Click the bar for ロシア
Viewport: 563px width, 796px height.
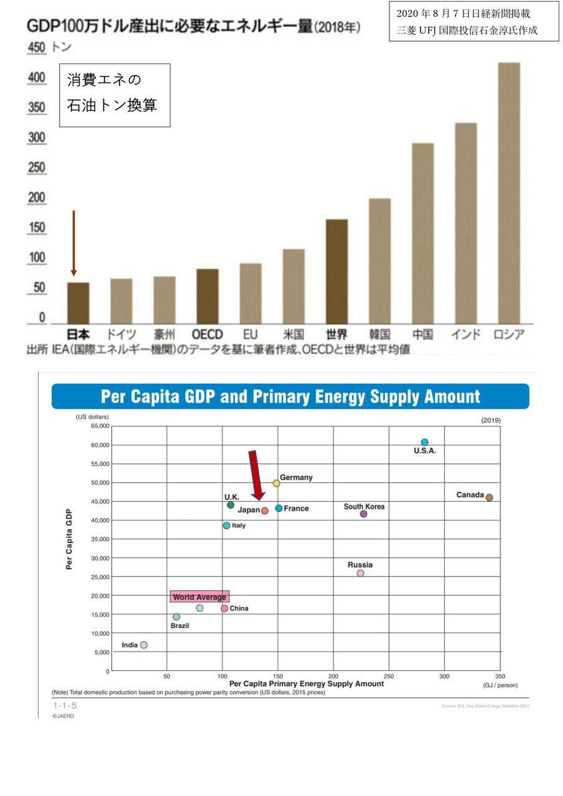point(509,193)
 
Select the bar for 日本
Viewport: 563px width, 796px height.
point(78,303)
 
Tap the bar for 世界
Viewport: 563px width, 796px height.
point(337,271)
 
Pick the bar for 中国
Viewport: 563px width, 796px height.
point(422,233)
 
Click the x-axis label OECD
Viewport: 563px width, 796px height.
point(207,335)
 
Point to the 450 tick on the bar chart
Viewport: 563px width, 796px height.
point(37,48)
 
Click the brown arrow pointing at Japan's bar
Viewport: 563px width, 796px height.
point(73,243)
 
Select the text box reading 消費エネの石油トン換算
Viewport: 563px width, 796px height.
point(114,95)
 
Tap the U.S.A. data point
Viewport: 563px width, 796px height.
point(424,443)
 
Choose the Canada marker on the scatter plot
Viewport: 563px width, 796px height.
point(489,497)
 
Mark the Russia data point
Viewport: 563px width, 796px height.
point(360,573)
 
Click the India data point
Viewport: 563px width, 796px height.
point(144,645)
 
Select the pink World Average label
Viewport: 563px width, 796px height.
point(200,597)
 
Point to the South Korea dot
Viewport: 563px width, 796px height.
point(363,514)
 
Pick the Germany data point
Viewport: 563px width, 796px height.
point(276,483)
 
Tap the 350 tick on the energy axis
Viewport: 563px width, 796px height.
point(500,676)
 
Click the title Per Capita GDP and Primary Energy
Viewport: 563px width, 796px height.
point(291,397)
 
